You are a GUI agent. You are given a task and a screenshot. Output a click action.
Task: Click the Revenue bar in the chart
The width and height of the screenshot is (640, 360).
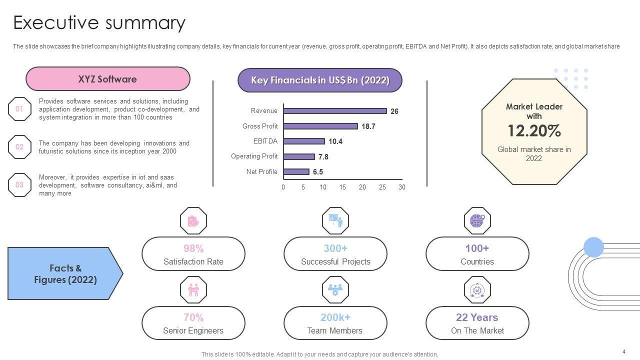tap(335, 111)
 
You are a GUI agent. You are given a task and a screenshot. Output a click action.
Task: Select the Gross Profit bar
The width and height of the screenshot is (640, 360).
tap(320, 126)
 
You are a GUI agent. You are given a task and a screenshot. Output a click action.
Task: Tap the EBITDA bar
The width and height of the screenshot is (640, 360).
tap(304, 141)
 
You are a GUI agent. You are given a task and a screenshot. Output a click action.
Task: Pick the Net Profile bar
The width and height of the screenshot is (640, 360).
tap(296, 171)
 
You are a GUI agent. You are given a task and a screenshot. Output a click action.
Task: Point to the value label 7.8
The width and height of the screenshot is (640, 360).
tap(323, 157)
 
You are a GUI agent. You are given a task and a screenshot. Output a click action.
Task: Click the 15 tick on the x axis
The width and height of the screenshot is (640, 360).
tap(342, 187)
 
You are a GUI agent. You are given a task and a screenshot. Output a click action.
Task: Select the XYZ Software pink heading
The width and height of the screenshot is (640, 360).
tap(107, 79)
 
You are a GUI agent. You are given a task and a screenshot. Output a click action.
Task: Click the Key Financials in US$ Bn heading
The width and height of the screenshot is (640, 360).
tap(320, 80)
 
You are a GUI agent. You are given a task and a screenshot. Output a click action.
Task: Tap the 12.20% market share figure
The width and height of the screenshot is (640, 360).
tap(534, 131)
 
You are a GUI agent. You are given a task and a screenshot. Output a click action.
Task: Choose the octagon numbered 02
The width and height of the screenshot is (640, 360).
tap(19, 147)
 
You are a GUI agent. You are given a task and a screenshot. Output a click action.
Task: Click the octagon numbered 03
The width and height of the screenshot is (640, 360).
tap(19, 185)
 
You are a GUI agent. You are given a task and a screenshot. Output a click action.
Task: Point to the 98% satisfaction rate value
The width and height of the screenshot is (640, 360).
tap(193, 248)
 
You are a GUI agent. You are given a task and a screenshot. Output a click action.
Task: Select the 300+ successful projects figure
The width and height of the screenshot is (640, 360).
tap(335, 248)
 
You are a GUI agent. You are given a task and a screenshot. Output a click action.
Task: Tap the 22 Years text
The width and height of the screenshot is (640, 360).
tap(477, 317)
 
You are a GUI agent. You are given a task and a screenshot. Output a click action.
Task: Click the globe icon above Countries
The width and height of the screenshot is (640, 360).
tap(477, 220)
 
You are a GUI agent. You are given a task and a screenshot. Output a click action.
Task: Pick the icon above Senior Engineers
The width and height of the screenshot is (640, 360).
tap(193, 289)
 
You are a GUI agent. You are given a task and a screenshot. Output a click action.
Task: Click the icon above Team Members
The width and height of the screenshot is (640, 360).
tap(335, 289)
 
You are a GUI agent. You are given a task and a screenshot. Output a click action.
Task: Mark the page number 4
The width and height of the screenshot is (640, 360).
tap(624, 351)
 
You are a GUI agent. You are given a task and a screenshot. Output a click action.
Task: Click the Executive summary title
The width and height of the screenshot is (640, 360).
tap(99, 23)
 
